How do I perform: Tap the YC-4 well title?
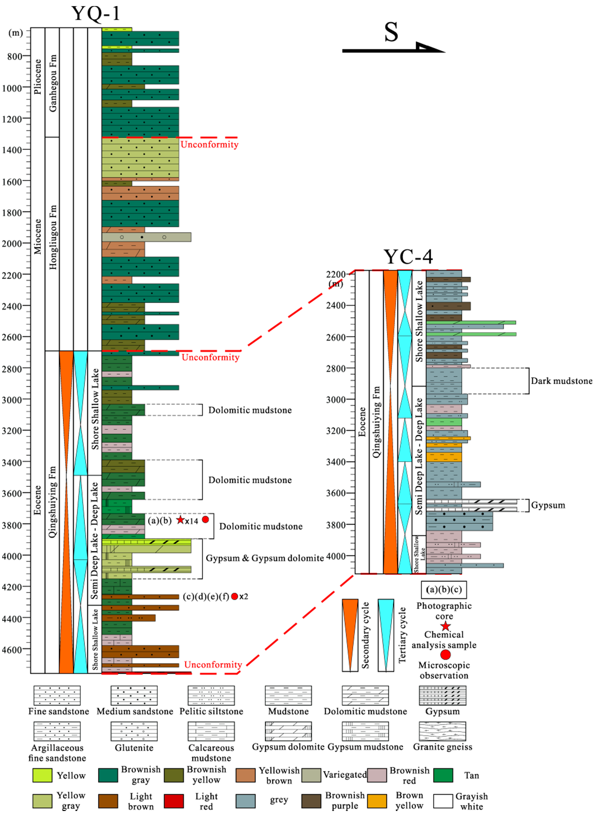click(x=408, y=257)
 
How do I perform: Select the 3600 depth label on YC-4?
click(x=336, y=494)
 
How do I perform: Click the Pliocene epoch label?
click(x=38, y=77)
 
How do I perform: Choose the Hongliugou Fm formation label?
click(x=53, y=237)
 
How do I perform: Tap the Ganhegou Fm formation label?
click(x=53, y=83)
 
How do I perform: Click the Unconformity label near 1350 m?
click(x=209, y=145)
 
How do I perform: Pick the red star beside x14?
click(x=180, y=520)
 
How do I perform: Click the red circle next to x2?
click(x=234, y=597)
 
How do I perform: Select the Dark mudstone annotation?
click(x=561, y=381)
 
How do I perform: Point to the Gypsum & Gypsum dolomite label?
click(x=264, y=559)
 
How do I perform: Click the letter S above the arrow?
click(x=391, y=32)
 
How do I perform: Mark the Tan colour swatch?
click(x=443, y=775)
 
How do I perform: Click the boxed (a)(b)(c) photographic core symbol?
click(x=444, y=590)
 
